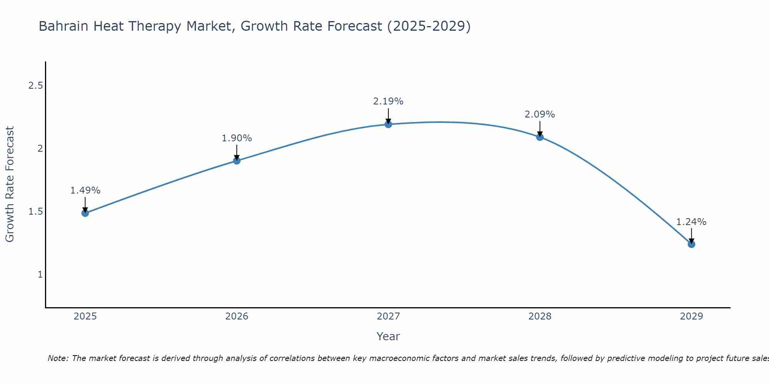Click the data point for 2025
coord(85,213)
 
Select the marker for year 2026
coord(237,161)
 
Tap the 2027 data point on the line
coord(388,124)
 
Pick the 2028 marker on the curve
coord(540,137)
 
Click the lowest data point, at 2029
coord(691,244)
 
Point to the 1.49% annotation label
coord(85,190)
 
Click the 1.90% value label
coord(237,138)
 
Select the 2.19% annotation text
coord(388,101)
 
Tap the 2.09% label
coord(540,114)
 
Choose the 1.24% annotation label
coord(691,222)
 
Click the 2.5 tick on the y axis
coord(36,86)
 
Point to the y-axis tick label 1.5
coord(36,212)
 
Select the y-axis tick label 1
coord(40,275)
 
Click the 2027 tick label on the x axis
coord(388,316)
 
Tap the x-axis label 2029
coord(691,316)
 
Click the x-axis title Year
coord(388,336)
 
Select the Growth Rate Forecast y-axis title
coord(10,184)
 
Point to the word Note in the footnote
coord(58,358)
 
